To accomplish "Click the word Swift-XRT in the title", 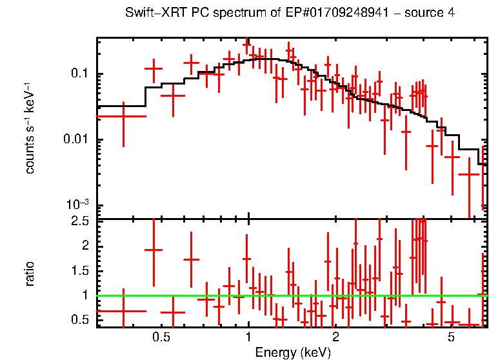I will click(150, 14).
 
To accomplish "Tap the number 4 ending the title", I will click(451, 14).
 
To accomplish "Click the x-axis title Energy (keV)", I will click(293, 352).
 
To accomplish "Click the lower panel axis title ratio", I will click(30, 274).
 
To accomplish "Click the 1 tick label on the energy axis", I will click(248, 337).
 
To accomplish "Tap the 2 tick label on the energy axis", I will click(335, 337).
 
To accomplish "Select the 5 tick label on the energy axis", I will click(451, 337).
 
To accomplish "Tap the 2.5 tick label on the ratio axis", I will click(79, 221).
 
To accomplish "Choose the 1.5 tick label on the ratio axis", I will click(79, 271).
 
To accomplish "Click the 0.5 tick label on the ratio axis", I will click(79, 320).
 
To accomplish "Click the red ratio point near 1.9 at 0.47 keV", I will click(154, 250).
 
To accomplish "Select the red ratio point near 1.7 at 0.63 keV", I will click(192, 259).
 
